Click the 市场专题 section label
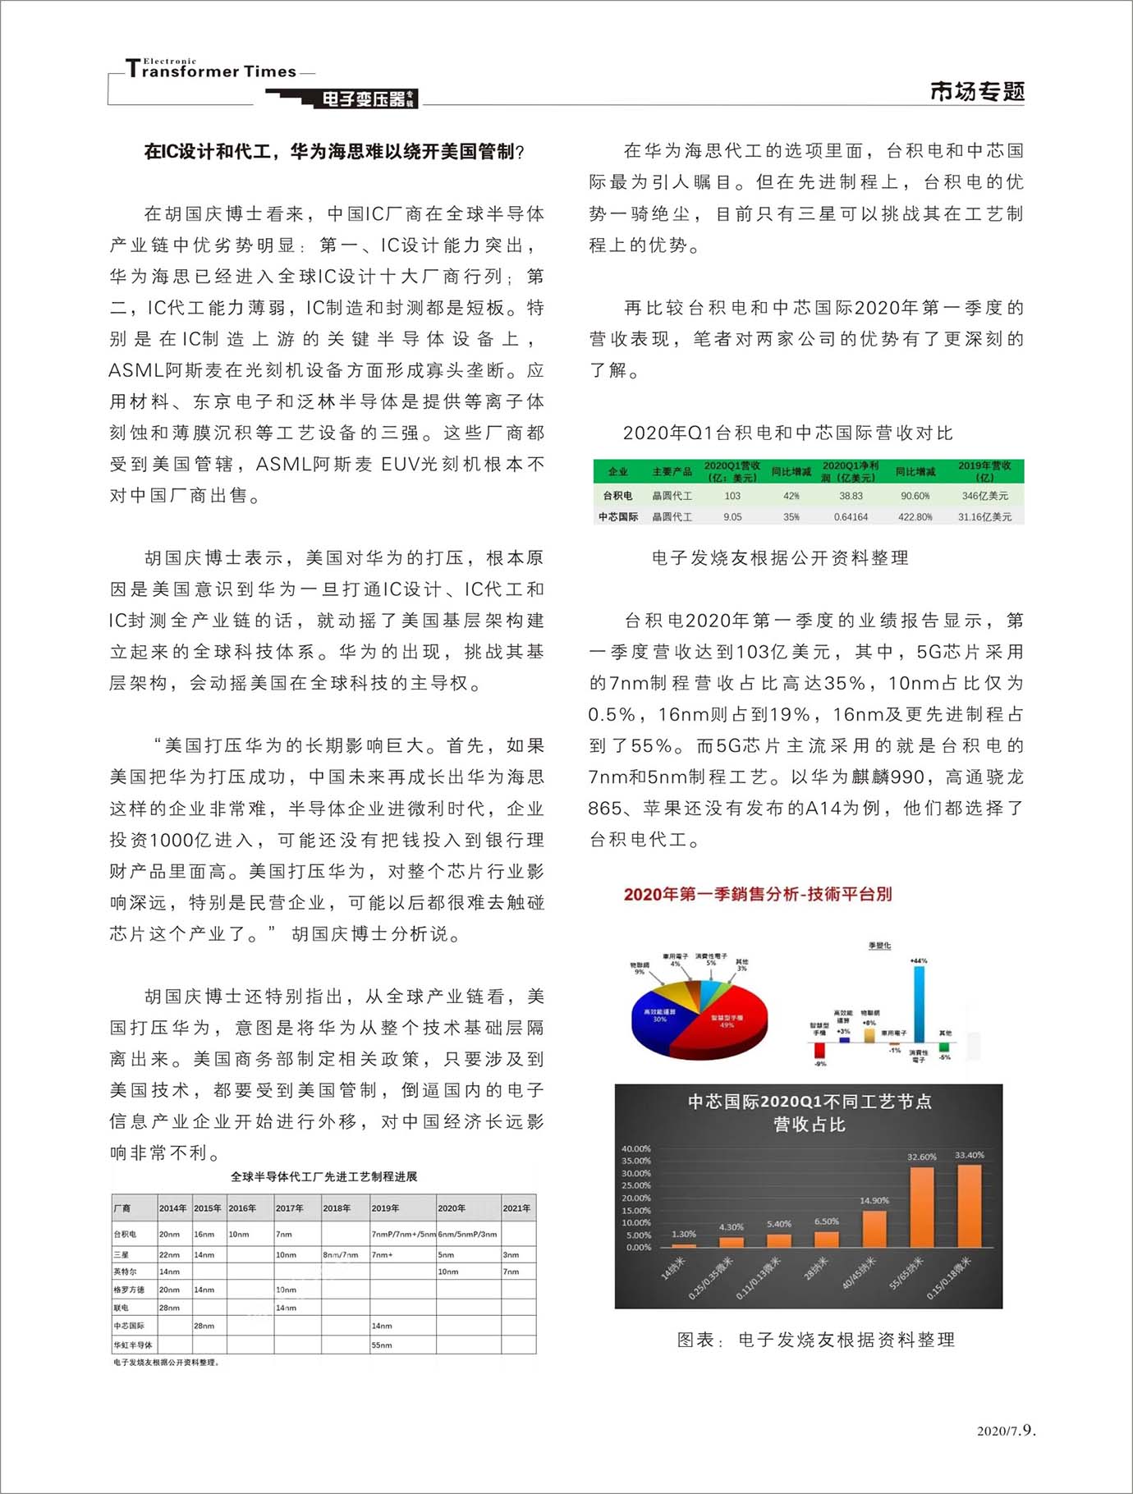(x=977, y=91)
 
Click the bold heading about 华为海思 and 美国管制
(x=334, y=151)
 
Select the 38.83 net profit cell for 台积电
(x=851, y=496)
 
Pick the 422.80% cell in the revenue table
(x=915, y=517)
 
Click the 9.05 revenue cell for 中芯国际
(x=732, y=517)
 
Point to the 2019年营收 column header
(x=984, y=471)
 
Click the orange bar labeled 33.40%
(x=970, y=1205)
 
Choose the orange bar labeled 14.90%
(x=874, y=1228)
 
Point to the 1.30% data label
(x=683, y=1234)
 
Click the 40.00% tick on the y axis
(x=635, y=1148)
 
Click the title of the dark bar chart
(x=810, y=1112)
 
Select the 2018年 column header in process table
(x=337, y=1208)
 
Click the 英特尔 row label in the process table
(x=126, y=1272)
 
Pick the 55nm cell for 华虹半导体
(x=382, y=1345)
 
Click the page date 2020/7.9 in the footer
(x=1006, y=1431)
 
